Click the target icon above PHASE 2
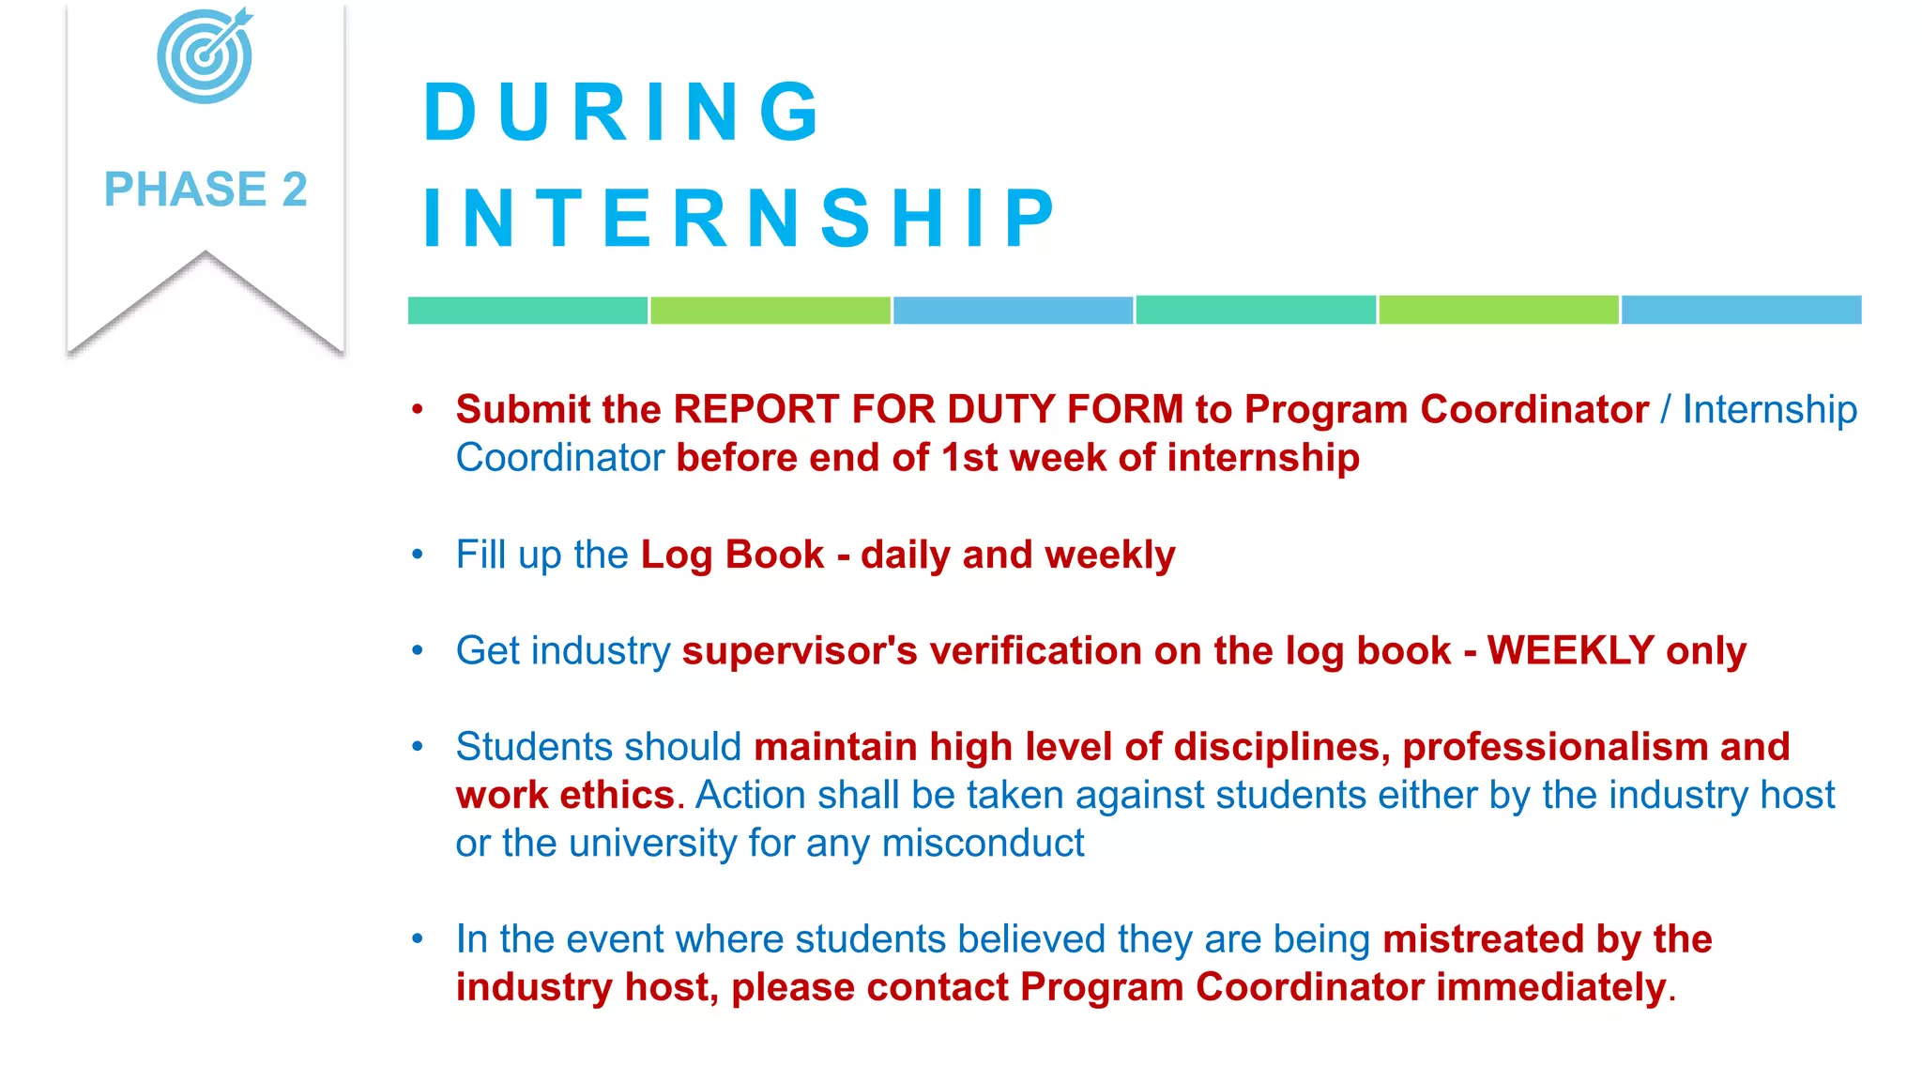(x=205, y=55)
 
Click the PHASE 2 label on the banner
(x=206, y=190)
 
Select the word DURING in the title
(x=621, y=113)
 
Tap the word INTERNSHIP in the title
(x=740, y=219)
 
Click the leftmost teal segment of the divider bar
(x=527, y=311)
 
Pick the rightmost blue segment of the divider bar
(x=1741, y=310)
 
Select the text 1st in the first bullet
(x=969, y=458)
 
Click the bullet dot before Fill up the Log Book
(x=418, y=555)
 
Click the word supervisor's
(x=800, y=651)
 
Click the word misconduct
(x=983, y=844)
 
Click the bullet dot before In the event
(x=418, y=938)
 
